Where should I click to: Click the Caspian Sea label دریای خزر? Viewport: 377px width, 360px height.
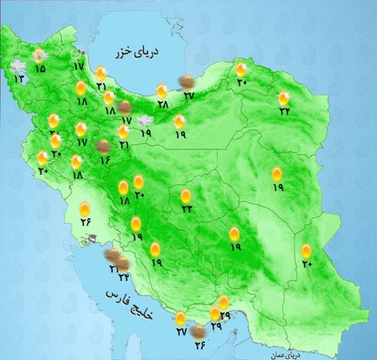click(136, 53)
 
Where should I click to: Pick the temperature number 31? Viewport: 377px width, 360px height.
click(101, 86)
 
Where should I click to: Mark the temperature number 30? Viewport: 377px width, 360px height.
click(242, 83)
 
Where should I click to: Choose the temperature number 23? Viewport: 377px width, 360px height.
click(186, 209)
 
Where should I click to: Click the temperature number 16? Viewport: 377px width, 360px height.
click(104, 160)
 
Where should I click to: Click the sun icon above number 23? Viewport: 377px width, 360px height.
click(186, 196)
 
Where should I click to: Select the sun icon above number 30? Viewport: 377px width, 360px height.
click(241, 70)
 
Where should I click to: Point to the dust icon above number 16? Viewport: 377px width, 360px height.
click(102, 147)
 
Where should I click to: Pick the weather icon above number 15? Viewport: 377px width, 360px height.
click(40, 56)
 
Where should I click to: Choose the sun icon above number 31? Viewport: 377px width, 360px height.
click(101, 73)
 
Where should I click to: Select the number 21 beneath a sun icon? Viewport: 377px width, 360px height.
click(123, 144)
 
